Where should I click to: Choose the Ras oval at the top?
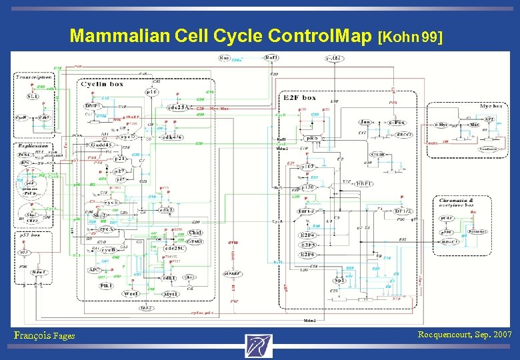pos(225,58)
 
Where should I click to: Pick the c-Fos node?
pos(399,123)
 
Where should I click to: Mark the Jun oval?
pos(365,123)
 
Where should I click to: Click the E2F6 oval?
pos(308,255)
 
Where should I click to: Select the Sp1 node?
pos(339,281)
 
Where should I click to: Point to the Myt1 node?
pos(171,293)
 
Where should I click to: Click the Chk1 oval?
pos(195,233)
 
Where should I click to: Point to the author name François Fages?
pos(44,335)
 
